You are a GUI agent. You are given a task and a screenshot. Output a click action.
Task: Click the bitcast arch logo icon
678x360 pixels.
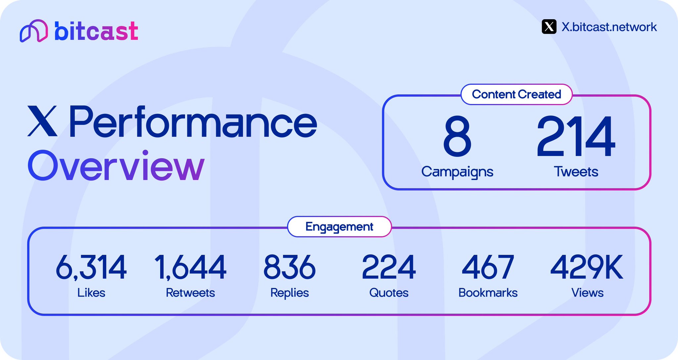coord(33,31)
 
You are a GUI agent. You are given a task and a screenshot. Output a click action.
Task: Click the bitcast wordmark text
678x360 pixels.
coord(96,31)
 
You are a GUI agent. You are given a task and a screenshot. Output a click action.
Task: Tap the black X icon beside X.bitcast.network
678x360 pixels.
coord(549,27)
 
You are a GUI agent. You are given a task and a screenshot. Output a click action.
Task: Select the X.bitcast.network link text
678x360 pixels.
coord(609,27)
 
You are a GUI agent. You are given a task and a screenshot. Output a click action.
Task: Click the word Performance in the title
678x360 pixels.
coord(193,122)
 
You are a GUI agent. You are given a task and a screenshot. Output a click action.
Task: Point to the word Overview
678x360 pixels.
coord(116,166)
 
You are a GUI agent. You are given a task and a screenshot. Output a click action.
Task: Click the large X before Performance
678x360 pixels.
coord(42,121)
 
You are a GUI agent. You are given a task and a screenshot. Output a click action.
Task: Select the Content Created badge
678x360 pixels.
coord(516,94)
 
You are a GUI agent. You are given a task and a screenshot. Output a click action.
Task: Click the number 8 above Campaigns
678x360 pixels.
coord(457,136)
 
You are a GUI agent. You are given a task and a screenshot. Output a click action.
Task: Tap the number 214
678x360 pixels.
coord(576,136)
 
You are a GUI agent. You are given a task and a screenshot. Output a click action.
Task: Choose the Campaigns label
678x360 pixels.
coord(457,172)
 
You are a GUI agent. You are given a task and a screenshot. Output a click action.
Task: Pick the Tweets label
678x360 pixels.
coord(576,172)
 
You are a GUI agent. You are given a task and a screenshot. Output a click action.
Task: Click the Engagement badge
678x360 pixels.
coord(339,227)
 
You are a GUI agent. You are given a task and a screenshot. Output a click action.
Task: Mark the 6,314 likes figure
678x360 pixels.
coord(91,267)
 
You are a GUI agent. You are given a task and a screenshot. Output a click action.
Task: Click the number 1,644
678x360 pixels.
coord(190,267)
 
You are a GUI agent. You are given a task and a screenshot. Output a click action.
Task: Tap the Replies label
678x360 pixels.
coord(289,293)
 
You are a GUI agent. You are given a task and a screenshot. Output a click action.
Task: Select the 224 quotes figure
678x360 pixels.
coord(389,267)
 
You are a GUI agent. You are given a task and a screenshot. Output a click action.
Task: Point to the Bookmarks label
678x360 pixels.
coord(488,293)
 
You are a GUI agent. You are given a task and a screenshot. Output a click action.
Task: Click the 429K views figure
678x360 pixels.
coord(587,267)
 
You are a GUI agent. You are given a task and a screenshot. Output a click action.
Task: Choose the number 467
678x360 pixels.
coord(488,267)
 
